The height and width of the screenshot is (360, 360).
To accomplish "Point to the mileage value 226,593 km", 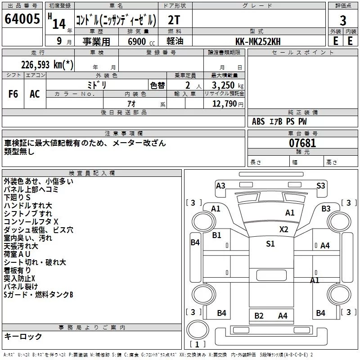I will click(47, 64).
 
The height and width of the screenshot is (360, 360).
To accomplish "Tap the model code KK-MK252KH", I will click(258, 41).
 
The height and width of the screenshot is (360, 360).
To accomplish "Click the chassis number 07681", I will click(302, 144).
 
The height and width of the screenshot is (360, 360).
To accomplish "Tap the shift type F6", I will click(13, 94).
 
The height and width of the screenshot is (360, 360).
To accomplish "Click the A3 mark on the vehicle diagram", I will click(220, 185).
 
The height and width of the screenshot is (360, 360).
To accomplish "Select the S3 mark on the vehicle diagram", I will click(320, 185).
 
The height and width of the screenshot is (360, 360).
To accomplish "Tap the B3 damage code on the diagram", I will click(326, 208).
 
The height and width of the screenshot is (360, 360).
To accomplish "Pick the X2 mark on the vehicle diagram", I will click(283, 229).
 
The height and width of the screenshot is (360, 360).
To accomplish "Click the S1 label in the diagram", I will click(270, 243).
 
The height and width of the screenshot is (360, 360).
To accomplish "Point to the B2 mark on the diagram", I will click(259, 316).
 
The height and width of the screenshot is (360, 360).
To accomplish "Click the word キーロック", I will click(23, 337).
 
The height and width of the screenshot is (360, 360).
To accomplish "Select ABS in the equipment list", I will click(258, 121).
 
